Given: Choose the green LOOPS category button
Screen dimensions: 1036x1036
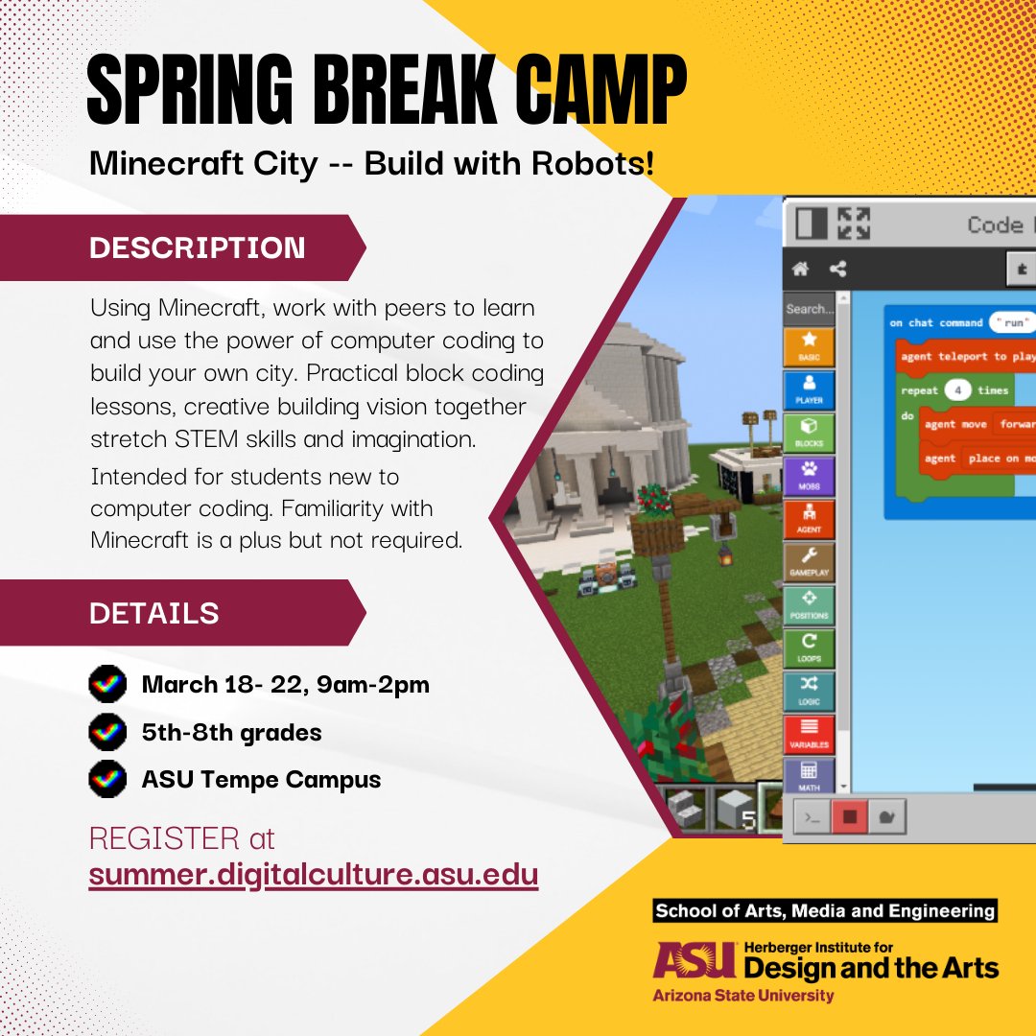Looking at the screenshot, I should tap(809, 647).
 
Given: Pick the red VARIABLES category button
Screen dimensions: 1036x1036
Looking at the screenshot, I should tap(809, 734).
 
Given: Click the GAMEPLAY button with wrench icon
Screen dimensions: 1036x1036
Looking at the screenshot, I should tap(809, 562).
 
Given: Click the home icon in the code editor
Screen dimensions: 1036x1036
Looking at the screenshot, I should tap(799, 270).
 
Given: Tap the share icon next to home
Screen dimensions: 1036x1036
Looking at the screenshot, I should tap(836, 270).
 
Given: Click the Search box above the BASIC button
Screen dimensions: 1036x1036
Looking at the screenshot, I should tap(810, 309).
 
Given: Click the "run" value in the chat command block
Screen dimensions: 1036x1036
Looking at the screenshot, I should tap(1014, 322).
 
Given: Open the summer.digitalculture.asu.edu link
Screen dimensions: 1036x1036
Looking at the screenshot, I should tap(314, 876).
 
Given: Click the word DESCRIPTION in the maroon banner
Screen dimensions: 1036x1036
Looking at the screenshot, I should tap(198, 247).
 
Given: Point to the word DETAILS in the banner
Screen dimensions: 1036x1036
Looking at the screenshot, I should tap(154, 612).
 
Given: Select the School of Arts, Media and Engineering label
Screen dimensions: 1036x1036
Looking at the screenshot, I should tap(824, 911).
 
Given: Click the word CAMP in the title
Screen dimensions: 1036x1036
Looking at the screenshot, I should tap(598, 94).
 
